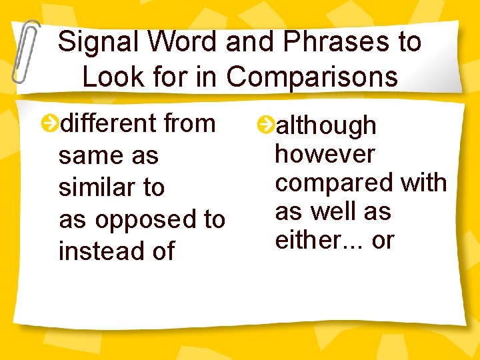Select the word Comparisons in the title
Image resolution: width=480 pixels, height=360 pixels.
[x=312, y=77]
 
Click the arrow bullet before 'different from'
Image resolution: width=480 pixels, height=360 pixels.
[x=49, y=123]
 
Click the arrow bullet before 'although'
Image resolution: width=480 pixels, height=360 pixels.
[x=265, y=125]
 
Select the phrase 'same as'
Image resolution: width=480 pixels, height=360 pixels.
[x=109, y=156]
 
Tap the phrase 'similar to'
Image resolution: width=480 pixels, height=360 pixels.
[x=111, y=187]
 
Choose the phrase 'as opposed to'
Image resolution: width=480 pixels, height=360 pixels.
[x=142, y=219]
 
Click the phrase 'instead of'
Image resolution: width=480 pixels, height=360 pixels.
[x=117, y=251]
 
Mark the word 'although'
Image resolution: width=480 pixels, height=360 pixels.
[x=326, y=125]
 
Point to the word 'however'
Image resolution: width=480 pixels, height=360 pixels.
[x=325, y=154]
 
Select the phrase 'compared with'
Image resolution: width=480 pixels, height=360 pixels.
[x=361, y=183]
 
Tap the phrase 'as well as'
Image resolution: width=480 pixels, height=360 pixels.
[x=333, y=211]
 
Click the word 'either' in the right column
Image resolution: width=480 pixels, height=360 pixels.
[x=307, y=240]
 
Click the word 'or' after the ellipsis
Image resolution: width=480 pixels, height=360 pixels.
[x=383, y=241]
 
